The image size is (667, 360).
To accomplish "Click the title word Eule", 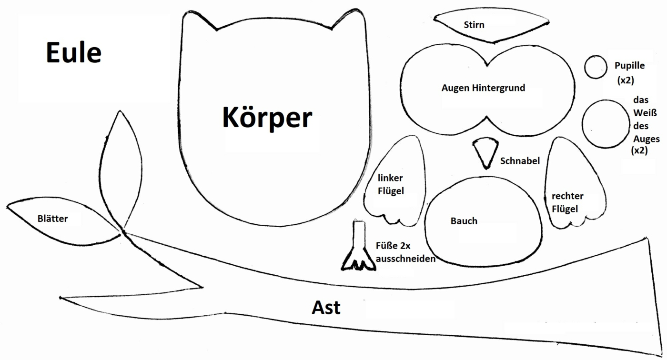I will [73, 52].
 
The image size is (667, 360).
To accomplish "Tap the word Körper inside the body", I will [267, 118].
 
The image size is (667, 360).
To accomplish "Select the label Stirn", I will [474, 24].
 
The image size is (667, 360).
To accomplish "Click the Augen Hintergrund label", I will [483, 88].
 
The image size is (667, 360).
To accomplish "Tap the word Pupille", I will [629, 66].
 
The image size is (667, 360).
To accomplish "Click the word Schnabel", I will [520, 161].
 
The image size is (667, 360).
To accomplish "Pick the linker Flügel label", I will [391, 184].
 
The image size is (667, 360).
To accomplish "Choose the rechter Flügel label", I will [567, 202].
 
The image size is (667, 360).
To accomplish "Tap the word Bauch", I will [464, 221].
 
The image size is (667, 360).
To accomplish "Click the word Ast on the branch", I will [326, 308].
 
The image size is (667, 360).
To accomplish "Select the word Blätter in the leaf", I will [52, 219].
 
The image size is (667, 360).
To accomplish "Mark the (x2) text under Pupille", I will [625, 80].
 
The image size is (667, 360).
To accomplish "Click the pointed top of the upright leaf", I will [118, 112].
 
